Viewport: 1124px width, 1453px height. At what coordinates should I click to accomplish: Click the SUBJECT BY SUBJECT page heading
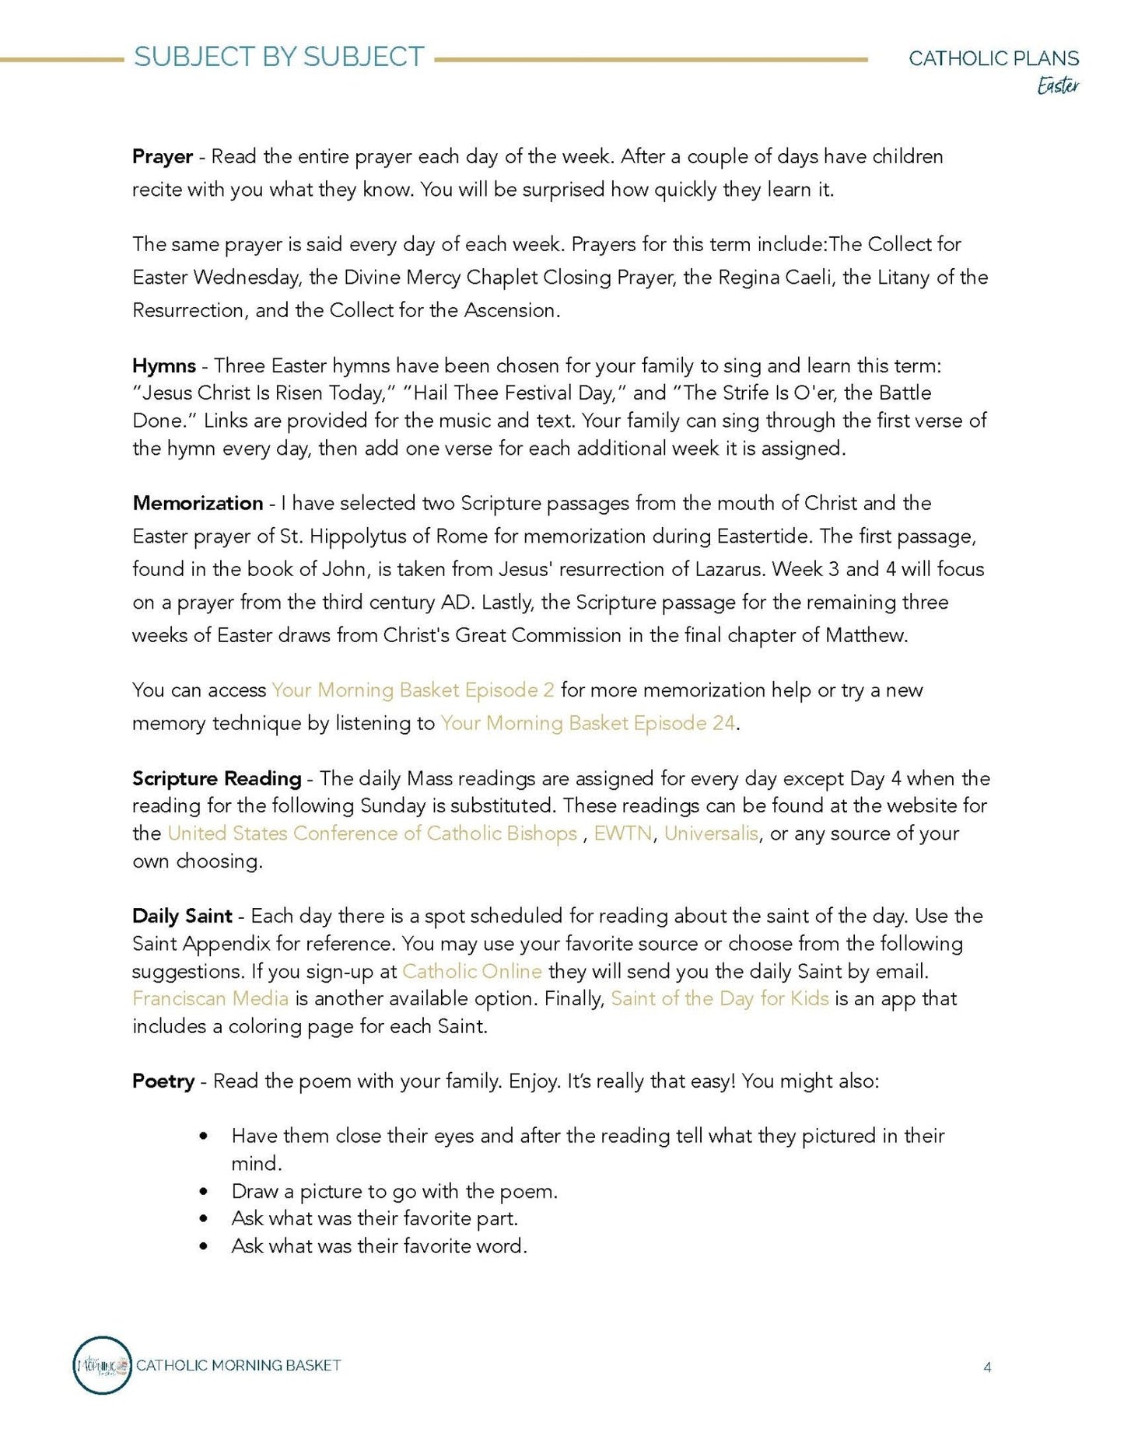coord(278,57)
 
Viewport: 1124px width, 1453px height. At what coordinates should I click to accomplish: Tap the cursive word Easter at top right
coord(1058,86)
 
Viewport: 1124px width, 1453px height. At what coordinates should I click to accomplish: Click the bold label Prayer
coord(163,156)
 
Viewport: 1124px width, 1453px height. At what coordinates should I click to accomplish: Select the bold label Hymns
coord(164,365)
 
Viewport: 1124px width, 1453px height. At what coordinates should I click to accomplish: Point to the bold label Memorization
coord(198,503)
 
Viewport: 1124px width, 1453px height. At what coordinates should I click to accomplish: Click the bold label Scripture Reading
coord(216,778)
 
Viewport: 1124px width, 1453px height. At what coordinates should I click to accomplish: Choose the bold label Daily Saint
coord(182,916)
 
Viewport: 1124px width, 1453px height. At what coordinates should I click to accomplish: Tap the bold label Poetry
coord(163,1081)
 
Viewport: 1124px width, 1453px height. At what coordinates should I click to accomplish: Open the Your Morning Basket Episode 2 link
coord(412,690)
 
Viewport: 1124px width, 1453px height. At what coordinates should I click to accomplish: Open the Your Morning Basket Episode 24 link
coord(587,723)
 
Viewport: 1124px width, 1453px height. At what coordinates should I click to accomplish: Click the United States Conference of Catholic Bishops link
coord(372,833)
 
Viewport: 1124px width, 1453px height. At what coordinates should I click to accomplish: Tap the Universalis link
coord(711,833)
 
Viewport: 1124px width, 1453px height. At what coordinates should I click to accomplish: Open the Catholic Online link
coord(471,971)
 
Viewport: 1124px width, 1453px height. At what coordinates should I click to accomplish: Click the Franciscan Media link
coord(210,998)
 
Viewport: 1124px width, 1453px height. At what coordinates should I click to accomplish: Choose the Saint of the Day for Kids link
coord(720,998)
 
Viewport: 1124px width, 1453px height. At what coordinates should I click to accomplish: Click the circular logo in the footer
coord(102,1365)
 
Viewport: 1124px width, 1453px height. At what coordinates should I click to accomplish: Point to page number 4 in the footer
coord(987,1367)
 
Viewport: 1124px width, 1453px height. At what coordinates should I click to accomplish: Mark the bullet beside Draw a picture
coord(204,1191)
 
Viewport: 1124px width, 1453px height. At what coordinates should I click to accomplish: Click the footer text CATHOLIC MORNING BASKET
coord(239,1365)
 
